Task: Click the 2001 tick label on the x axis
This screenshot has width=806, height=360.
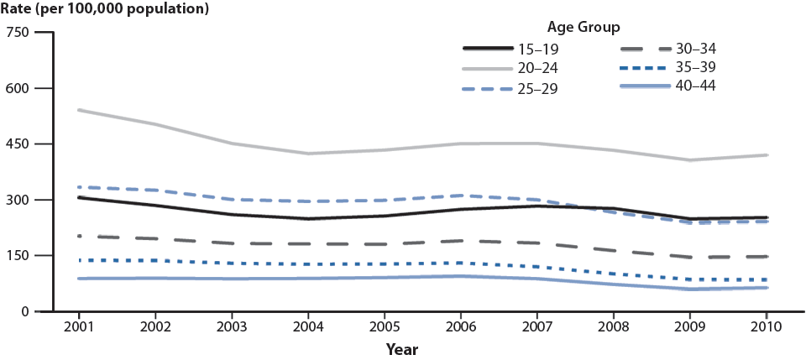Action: (x=78, y=326)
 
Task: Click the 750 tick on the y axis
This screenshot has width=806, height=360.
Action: (x=18, y=33)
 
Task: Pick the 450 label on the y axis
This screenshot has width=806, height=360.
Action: (x=18, y=144)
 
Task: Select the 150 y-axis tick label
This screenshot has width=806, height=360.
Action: (x=18, y=256)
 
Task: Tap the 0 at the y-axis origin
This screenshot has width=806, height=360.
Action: (x=26, y=311)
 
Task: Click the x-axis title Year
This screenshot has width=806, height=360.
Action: (x=403, y=347)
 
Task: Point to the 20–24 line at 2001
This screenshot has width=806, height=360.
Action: (x=78, y=110)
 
